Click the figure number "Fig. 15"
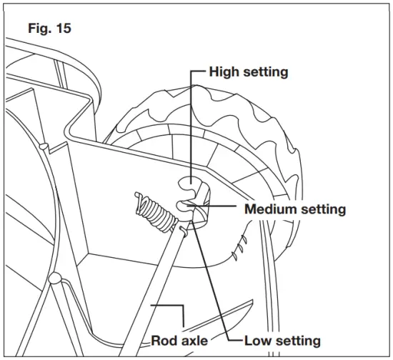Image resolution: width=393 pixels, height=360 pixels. [49, 30]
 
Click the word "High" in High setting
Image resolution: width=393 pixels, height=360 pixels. [224, 72]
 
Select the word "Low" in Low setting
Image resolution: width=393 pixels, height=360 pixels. [259, 340]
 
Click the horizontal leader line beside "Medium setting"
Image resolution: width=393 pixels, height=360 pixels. [222, 207]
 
